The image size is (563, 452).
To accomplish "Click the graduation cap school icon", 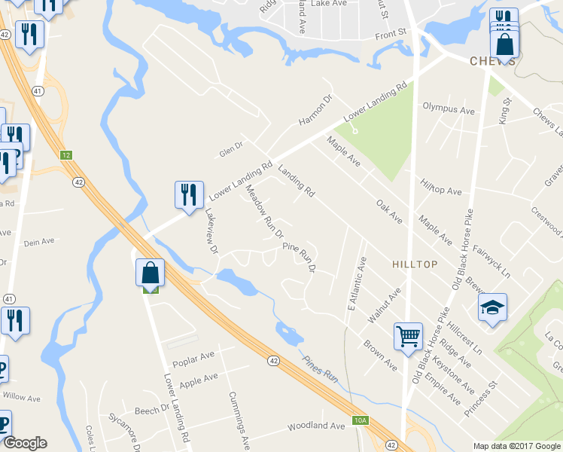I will point(492,307).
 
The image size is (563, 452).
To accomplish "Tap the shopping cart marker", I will point(408,337).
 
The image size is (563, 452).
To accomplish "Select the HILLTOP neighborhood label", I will point(414,264).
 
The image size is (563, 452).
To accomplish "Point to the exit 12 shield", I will point(66,154).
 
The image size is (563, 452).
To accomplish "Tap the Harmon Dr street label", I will point(315,111).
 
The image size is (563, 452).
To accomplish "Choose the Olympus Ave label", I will point(448,109).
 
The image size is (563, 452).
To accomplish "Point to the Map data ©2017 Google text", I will point(517,446).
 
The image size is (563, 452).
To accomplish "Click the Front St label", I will point(391,32).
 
